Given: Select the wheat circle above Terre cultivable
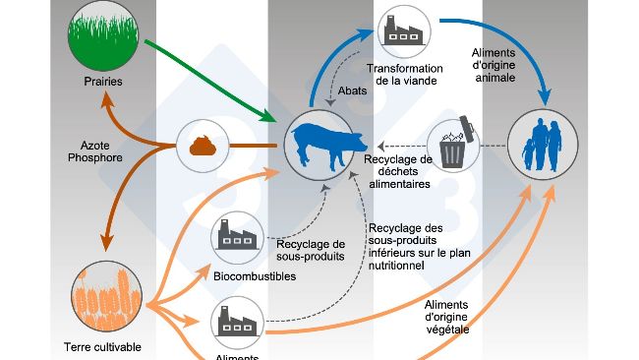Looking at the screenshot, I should (104, 298).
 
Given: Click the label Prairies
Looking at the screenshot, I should (103, 82).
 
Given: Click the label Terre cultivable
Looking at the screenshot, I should (102, 346).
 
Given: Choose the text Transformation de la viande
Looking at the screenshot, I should (400, 74).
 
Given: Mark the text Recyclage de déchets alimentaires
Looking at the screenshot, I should (398, 170).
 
